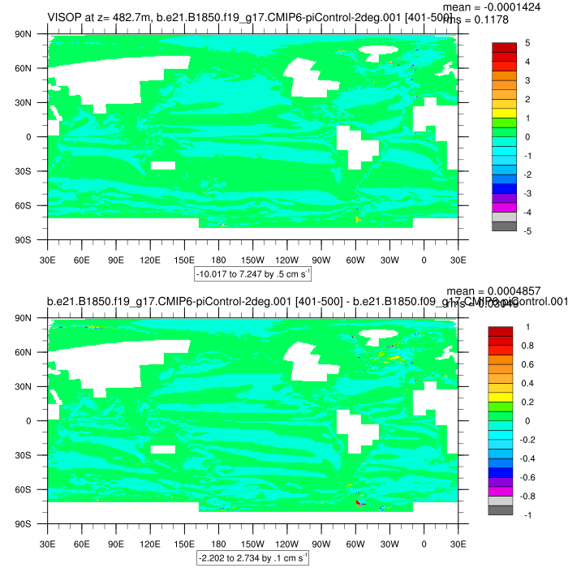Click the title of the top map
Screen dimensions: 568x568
pyautogui.click(x=243, y=17)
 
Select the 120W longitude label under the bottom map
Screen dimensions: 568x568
pyautogui.click(x=286, y=544)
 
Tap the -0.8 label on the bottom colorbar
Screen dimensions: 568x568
pyautogui.click(x=528, y=497)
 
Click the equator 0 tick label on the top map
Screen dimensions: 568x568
pyautogui.click(x=37, y=137)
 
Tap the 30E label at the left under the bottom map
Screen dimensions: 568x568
pyautogui.click(x=47, y=544)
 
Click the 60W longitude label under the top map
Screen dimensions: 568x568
pyautogui.click(x=355, y=260)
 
